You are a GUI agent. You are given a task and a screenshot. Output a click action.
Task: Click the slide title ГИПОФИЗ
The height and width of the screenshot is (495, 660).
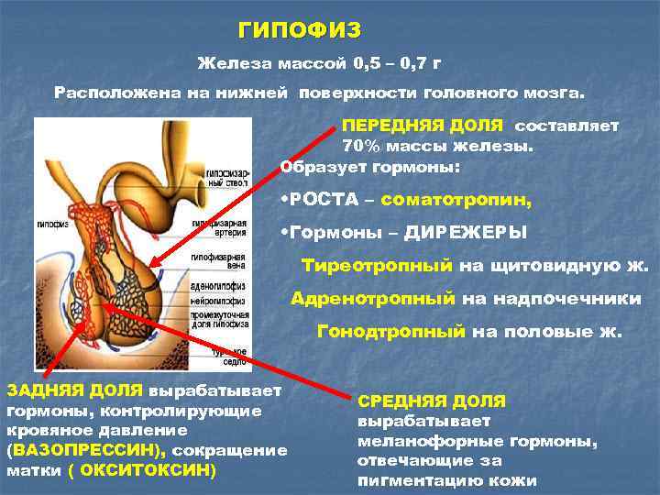click(300, 30)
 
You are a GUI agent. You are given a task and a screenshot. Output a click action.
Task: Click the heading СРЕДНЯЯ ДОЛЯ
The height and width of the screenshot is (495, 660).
click(431, 401)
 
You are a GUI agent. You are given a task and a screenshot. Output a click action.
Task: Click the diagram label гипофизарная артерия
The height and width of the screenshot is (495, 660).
click(224, 225)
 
